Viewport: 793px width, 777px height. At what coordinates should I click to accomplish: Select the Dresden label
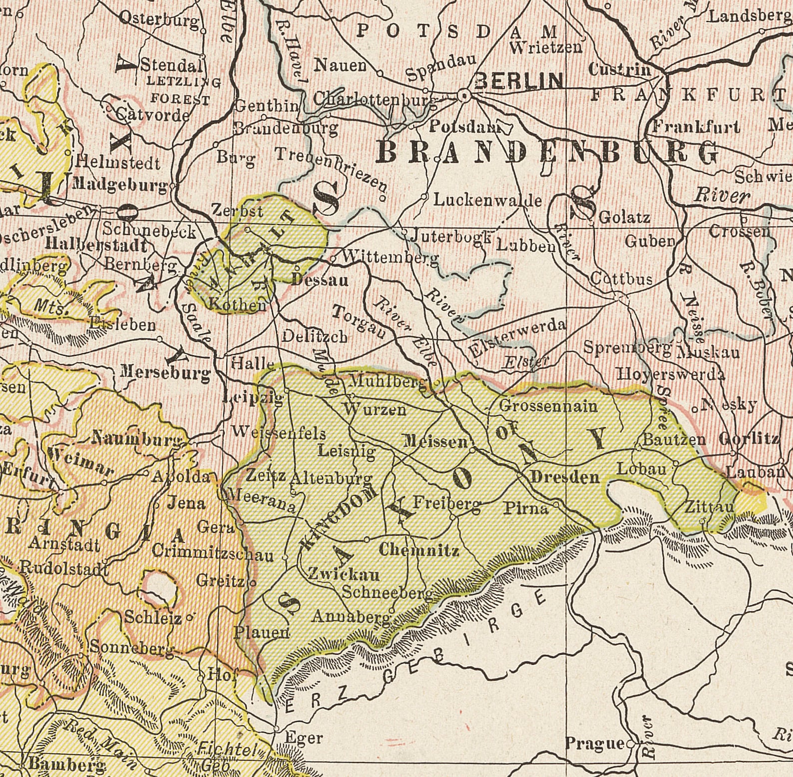click(x=565, y=477)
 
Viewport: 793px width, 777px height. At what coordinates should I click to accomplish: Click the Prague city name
click(x=594, y=744)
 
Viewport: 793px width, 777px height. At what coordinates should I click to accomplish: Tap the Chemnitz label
click(x=419, y=550)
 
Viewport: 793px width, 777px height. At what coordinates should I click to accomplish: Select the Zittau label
click(x=709, y=508)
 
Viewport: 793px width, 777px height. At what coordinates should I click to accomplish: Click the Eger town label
click(x=304, y=738)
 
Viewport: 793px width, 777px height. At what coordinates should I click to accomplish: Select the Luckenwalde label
click(x=487, y=201)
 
